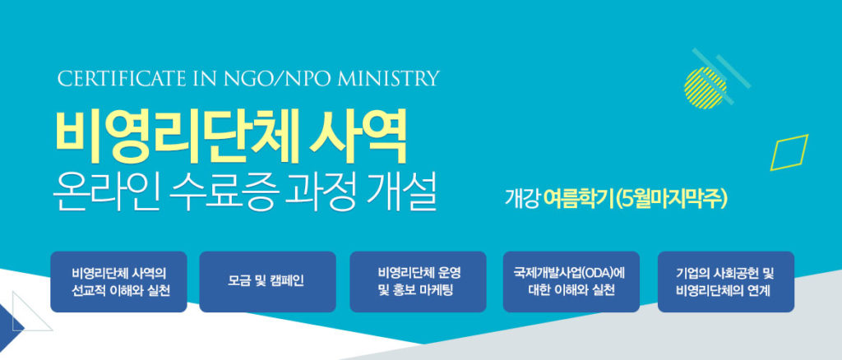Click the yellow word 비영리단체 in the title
(x=178, y=136)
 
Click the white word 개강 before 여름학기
(x=522, y=200)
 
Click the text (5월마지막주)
(x=671, y=200)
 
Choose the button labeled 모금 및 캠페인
(x=267, y=282)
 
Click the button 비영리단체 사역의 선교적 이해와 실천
(x=118, y=282)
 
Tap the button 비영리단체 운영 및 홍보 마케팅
(x=418, y=282)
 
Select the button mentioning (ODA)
(x=571, y=282)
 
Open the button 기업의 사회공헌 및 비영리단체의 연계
(x=726, y=282)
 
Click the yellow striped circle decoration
(x=706, y=88)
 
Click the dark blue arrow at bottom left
(x=10, y=325)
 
